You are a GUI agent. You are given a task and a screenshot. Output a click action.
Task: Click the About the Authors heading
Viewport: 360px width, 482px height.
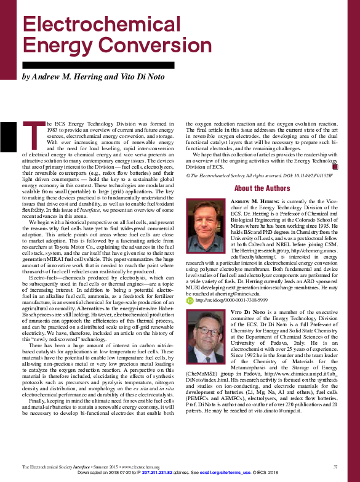click(x=262, y=188)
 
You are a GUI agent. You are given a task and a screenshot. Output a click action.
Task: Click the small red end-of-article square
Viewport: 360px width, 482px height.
click(x=335, y=166)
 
